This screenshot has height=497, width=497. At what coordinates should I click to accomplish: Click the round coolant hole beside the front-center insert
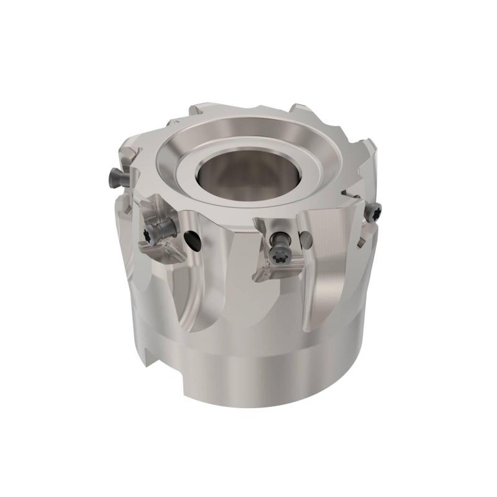coord(306,238)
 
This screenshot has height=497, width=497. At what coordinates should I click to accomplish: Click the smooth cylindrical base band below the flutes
coord(261,373)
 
